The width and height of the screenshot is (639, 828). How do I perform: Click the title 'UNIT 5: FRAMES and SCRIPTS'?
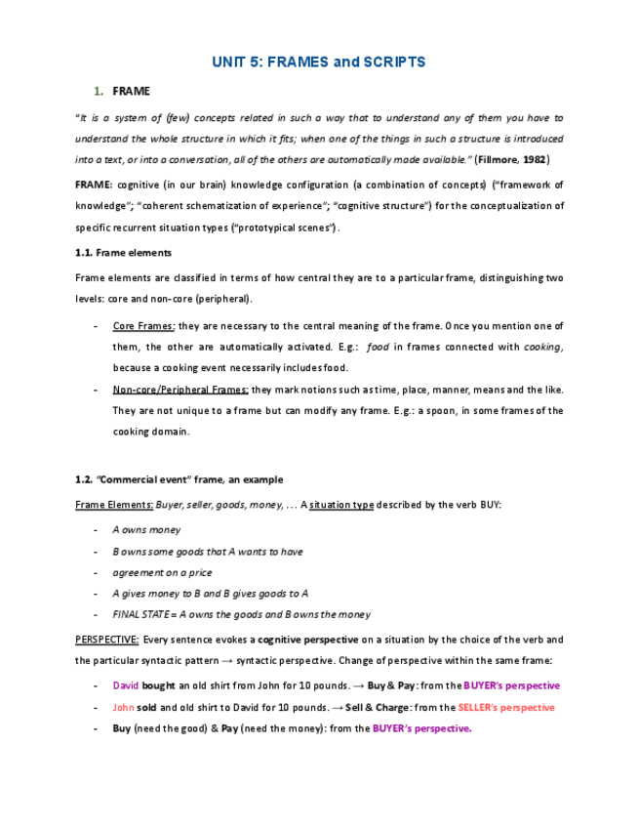(x=318, y=62)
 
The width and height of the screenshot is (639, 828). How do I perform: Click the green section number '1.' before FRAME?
(x=99, y=92)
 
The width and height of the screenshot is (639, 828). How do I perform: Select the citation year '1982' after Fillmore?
(x=532, y=158)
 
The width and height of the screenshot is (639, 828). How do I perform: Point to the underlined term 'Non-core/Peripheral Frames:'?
(x=180, y=389)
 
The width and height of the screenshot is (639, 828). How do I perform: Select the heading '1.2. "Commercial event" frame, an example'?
(x=180, y=479)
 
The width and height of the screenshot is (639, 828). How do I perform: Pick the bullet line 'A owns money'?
(x=146, y=530)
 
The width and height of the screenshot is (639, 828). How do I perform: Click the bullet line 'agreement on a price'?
(x=162, y=573)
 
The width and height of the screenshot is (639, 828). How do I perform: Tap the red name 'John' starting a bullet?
(x=123, y=707)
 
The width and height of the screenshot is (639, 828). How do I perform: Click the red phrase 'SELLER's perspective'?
(x=505, y=707)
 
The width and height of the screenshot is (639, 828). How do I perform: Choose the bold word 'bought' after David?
(x=158, y=685)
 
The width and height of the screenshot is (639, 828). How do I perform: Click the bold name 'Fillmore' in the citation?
(x=490, y=158)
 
